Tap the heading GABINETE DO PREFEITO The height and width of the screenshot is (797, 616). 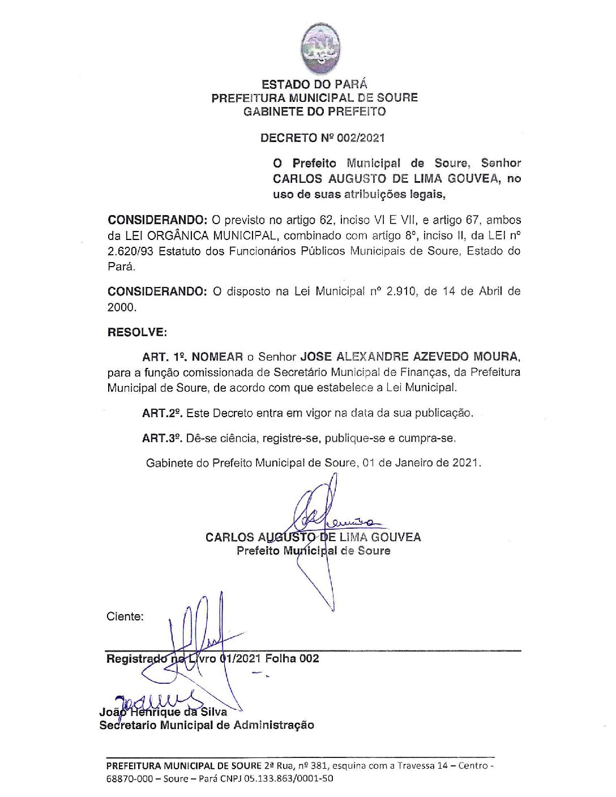coord(314,112)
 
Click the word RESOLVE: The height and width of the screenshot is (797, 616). coord(137,332)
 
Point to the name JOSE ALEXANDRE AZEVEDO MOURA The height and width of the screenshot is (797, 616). coord(409,357)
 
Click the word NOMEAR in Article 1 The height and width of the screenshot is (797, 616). coord(217,357)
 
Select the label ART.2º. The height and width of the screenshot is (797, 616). coord(161,413)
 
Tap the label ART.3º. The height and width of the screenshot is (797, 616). coord(161,438)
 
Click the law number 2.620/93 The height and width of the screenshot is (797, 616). coord(130,251)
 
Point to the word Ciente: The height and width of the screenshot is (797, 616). coord(125,616)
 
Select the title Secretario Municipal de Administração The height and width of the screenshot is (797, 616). coord(207,725)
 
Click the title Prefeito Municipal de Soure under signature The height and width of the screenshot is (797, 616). coord(313,551)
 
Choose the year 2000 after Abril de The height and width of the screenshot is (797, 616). coord(121,307)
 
